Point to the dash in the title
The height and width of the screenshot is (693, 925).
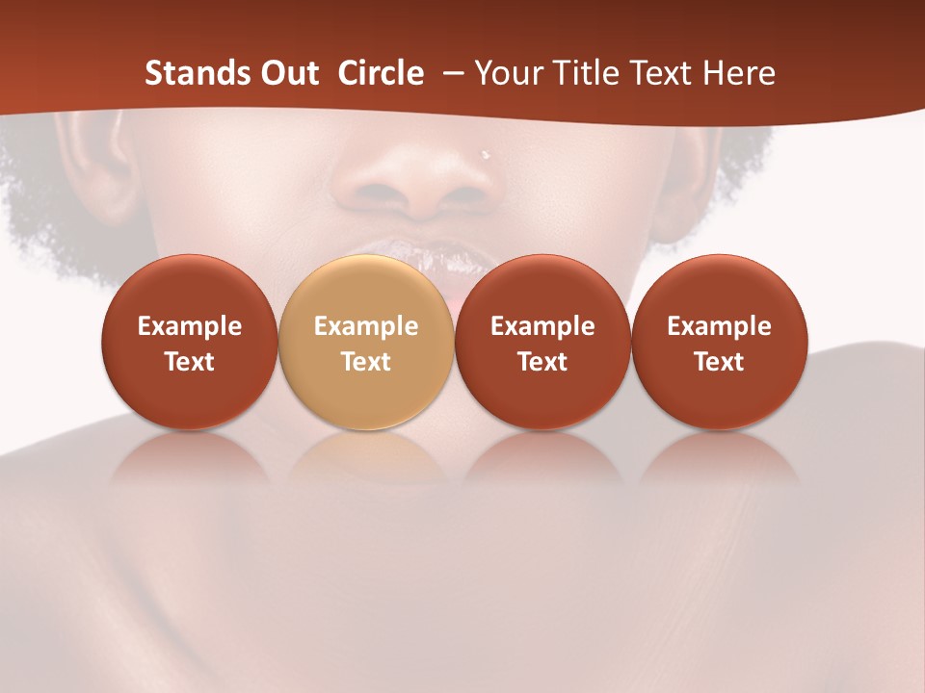pos(454,73)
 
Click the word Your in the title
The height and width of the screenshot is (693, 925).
pos(509,73)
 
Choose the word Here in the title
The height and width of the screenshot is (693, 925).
pos(737,73)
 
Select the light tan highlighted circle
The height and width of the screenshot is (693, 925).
pos(366,343)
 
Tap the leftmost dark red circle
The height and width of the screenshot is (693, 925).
pos(190,343)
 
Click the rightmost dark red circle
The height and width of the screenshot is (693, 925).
pos(719,343)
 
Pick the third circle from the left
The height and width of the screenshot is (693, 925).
pos(542,343)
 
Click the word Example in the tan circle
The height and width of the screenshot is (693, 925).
pos(366,326)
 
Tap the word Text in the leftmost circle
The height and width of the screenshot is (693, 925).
pos(190,362)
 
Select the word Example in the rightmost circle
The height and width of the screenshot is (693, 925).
pos(719,326)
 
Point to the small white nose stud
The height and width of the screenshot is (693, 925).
pos(486,153)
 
